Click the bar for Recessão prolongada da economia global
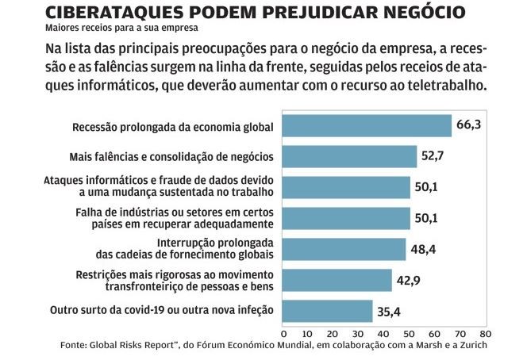point(366,126)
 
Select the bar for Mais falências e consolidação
point(349,157)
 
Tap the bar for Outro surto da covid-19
point(327,311)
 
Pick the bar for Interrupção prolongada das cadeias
point(344,249)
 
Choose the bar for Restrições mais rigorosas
point(337,280)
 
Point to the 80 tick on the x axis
point(485,334)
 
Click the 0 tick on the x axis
point(283,334)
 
